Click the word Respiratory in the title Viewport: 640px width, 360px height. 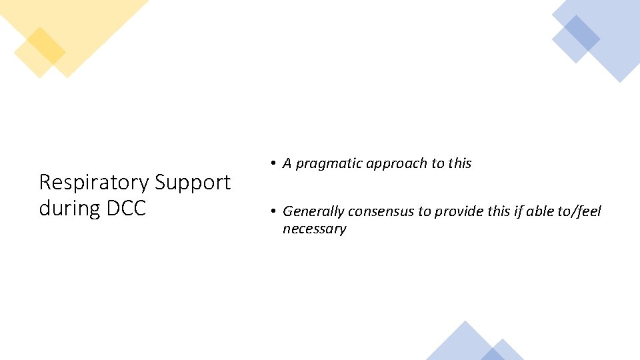[94, 183]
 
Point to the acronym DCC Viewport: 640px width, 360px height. [125, 208]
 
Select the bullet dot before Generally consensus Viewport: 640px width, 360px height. [273, 212]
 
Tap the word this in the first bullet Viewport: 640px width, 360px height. [459, 163]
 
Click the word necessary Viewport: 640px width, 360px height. [314, 229]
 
